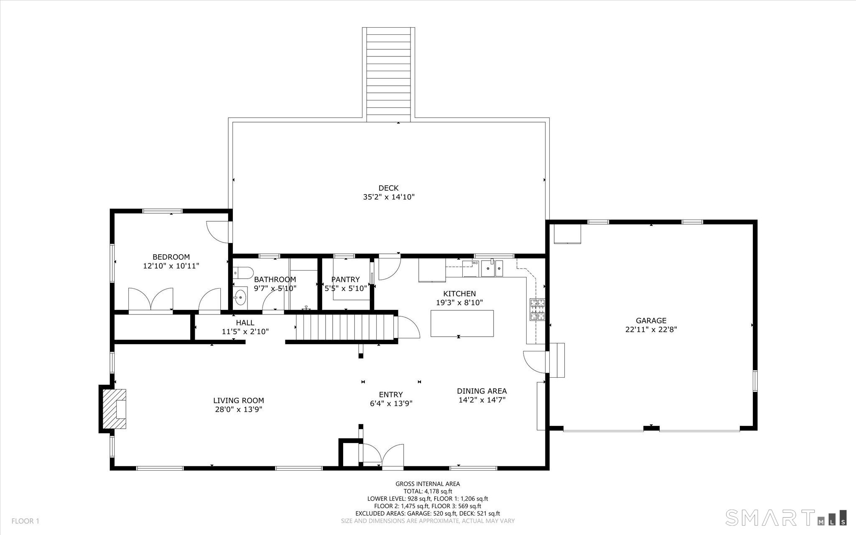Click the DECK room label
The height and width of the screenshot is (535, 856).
point(388,188)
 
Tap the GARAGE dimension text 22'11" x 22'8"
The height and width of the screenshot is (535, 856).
point(651,329)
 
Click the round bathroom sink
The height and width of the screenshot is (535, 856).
point(240,298)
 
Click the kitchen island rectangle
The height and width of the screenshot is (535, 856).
point(462,323)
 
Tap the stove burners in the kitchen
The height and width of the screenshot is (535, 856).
point(538,309)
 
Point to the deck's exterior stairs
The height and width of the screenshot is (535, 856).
point(389,74)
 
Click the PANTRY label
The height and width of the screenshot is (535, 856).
point(345,279)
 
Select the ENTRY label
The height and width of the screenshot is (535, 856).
point(391,394)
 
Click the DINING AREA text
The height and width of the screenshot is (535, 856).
point(481,391)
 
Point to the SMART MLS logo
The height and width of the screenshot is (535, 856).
point(786,517)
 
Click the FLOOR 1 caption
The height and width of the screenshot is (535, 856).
point(25,521)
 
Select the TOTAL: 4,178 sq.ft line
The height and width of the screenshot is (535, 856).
point(428,491)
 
